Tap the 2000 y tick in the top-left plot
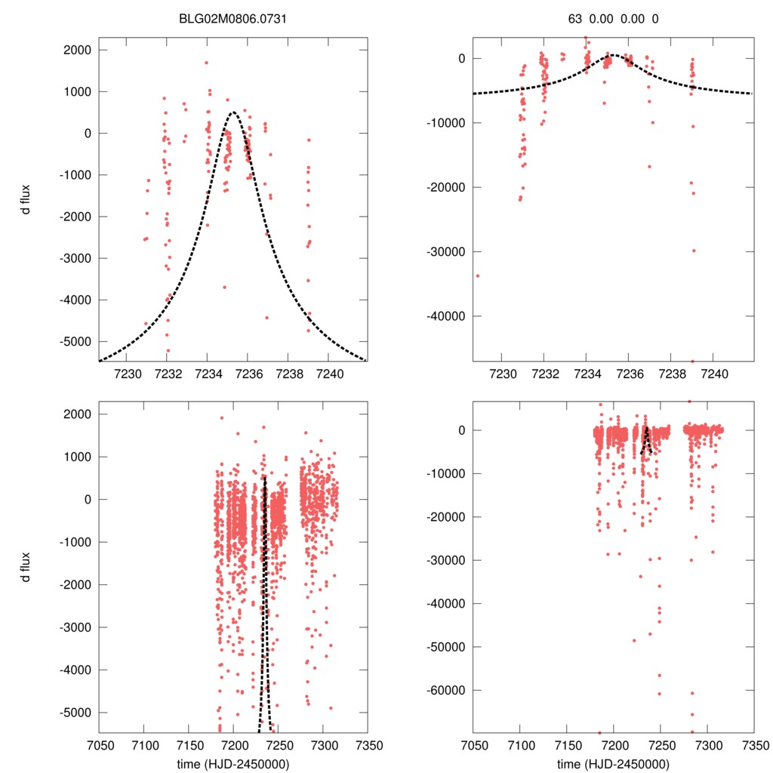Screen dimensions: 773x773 coord(75,51)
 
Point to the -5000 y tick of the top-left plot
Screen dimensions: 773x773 coord(74,341)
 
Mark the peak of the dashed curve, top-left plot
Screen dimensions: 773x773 coord(233,112)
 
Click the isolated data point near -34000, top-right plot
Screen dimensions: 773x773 coord(478,276)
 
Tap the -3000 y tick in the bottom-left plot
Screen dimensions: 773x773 coord(74,627)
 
